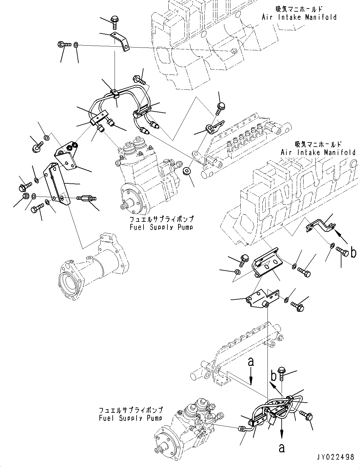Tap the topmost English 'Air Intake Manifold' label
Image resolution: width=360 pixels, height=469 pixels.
coord(299,17)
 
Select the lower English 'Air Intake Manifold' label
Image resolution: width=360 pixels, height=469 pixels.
coord(318,153)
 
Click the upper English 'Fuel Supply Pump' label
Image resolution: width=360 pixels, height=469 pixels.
coord(161,227)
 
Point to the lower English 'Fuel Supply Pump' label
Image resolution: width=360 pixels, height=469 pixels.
coord(131,418)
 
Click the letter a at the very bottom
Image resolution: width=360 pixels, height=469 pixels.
coord(281,448)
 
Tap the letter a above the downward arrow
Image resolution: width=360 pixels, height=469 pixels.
coord(251,362)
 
